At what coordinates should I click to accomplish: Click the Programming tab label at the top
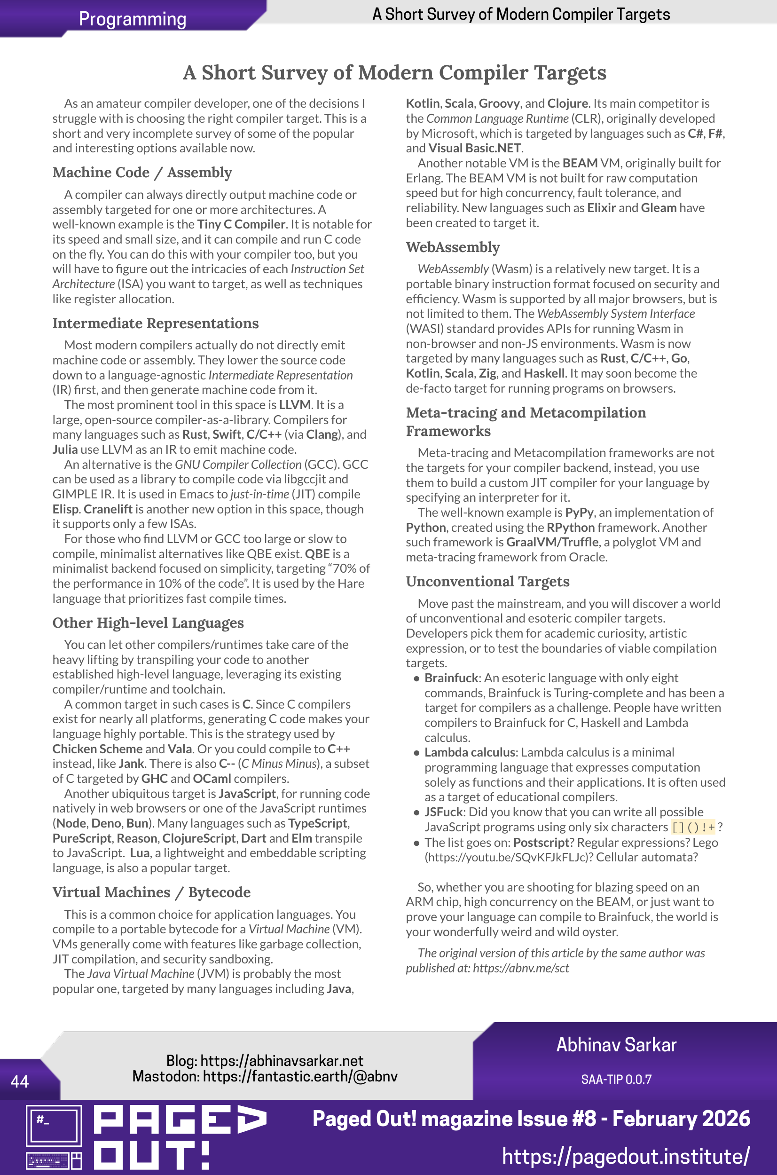coord(132,19)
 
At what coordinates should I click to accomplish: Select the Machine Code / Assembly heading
coord(142,173)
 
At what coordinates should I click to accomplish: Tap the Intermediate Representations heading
coord(156,323)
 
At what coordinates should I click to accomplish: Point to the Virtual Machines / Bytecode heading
coord(152,892)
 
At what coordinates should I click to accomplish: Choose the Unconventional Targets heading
coord(487,581)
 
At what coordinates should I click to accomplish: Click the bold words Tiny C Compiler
coord(241,224)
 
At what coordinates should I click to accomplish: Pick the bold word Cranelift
coord(108,509)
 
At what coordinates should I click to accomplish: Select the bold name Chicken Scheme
coord(98,749)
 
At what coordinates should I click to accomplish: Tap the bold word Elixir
coord(601,208)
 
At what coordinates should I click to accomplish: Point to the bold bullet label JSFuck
coord(444,812)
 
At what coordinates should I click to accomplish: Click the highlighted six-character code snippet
coord(693,827)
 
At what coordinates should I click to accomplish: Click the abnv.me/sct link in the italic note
coord(521,968)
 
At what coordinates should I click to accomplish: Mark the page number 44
coord(19,1081)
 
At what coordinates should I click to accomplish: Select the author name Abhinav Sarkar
coord(616,1045)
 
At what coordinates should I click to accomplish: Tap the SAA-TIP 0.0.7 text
coord(616,1080)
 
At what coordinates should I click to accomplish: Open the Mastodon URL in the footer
coord(300,1076)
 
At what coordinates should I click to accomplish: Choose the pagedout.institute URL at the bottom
coord(625,1157)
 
